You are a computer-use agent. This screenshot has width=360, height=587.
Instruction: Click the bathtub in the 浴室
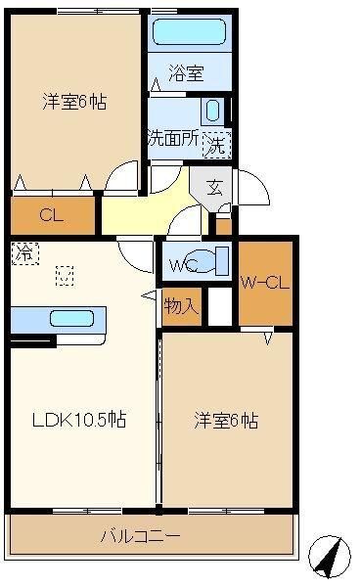click(x=190, y=32)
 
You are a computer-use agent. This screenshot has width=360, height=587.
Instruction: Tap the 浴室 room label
click(x=186, y=73)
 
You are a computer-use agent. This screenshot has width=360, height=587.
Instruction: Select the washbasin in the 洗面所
click(x=212, y=111)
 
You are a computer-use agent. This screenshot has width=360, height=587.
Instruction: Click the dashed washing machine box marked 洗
click(x=216, y=145)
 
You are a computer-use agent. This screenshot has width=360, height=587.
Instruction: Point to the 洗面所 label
click(x=173, y=138)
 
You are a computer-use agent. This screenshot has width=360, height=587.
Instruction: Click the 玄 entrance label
click(x=214, y=187)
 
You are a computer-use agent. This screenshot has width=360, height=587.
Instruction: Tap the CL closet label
click(x=52, y=215)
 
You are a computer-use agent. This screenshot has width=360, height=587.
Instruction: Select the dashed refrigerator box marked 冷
click(x=25, y=253)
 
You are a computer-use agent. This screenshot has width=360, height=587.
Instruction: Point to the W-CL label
click(x=265, y=283)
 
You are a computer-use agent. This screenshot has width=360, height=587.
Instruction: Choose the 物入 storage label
click(x=181, y=306)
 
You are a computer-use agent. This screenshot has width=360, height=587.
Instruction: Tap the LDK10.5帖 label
click(x=79, y=420)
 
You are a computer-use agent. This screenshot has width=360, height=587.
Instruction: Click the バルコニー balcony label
click(x=140, y=536)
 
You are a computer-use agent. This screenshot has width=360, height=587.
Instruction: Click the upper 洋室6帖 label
click(x=74, y=102)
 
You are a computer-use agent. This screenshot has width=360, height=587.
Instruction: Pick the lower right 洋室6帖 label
click(x=226, y=421)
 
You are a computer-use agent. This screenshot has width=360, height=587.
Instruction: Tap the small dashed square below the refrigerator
click(x=65, y=276)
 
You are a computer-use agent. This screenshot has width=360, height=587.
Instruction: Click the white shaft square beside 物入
click(x=220, y=306)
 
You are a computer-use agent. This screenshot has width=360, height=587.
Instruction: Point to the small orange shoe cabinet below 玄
click(x=224, y=226)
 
